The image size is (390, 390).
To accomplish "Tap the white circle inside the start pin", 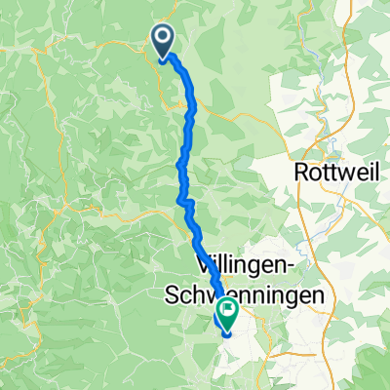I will pos(161,37).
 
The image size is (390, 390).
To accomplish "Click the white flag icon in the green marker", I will pos(228,309).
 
